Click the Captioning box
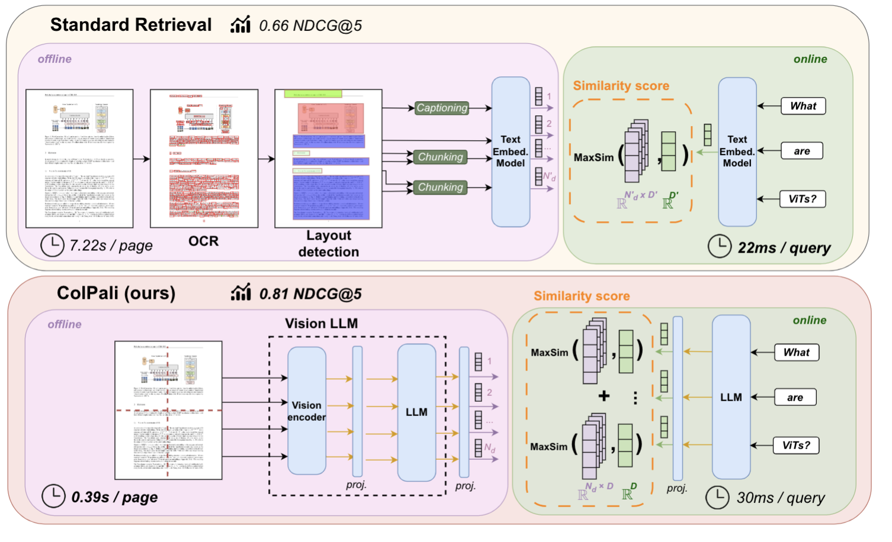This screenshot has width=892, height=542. click(x=442, y=108)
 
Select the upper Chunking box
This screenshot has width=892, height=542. click(x=440, y=157)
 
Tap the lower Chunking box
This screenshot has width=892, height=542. click(x=440, y=187)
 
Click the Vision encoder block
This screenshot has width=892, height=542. click(x=306, y=411)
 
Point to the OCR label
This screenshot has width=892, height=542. click(x=203, y=241)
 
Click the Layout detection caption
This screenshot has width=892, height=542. click(x=329, y=244)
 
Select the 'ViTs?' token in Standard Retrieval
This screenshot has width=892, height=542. click(x=803, y=199)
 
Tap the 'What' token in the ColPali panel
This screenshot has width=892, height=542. click(x=797, y=353)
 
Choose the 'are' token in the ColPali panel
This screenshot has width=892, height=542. click(x=795, y=398)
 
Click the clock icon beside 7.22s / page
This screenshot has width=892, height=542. click(x=52, y=245)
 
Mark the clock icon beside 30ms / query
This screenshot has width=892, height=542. click(x=718, y=498)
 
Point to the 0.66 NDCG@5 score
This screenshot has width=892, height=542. click(x=310, y=26)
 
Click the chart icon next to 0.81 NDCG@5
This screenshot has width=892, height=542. click(x=240, y=292)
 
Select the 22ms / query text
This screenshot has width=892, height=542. click(x=784, y=248)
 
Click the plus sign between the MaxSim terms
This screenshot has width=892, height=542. click(x=604, y=396)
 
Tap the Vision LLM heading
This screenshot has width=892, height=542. click(x=321, y=324)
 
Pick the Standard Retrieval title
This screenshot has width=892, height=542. click(x=131, y=25)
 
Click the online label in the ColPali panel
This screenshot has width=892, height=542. click(x=810, y=320)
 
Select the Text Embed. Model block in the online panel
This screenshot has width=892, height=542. click(x=737, y=151)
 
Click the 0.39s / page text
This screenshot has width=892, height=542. click(x=115, y=497)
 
